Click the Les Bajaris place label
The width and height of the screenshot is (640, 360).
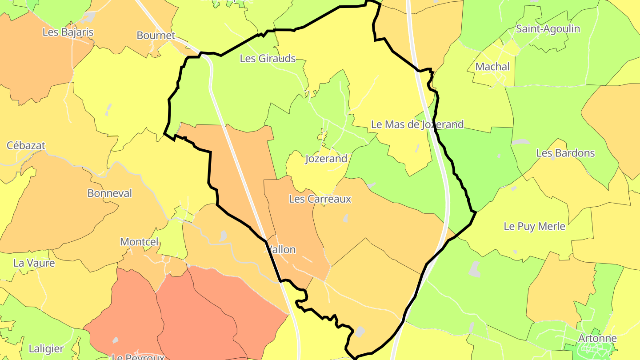point(68,32)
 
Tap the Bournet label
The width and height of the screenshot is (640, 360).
point(156,36)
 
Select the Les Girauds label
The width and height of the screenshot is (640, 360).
point(268,58)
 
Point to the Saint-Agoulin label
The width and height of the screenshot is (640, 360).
point(548,29)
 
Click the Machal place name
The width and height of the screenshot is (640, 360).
point(492,67)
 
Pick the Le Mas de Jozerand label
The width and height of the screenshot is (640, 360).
point(417,124)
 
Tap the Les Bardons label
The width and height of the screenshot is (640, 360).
point(565,153)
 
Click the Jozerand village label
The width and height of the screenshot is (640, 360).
point(326,159)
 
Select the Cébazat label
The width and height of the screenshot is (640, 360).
point(26,145)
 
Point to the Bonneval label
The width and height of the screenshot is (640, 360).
point(110,193)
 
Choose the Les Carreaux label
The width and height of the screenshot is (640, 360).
point(320,199)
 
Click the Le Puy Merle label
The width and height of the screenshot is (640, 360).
point(534,226)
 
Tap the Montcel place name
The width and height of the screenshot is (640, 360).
point(139,242)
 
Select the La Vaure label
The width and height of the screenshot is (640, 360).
point(34,263)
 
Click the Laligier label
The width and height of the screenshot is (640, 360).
point(46,348)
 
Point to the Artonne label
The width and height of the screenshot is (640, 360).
point(597,338)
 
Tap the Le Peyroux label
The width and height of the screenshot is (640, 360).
point(138,357)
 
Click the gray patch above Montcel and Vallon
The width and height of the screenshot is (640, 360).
point(223,236)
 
